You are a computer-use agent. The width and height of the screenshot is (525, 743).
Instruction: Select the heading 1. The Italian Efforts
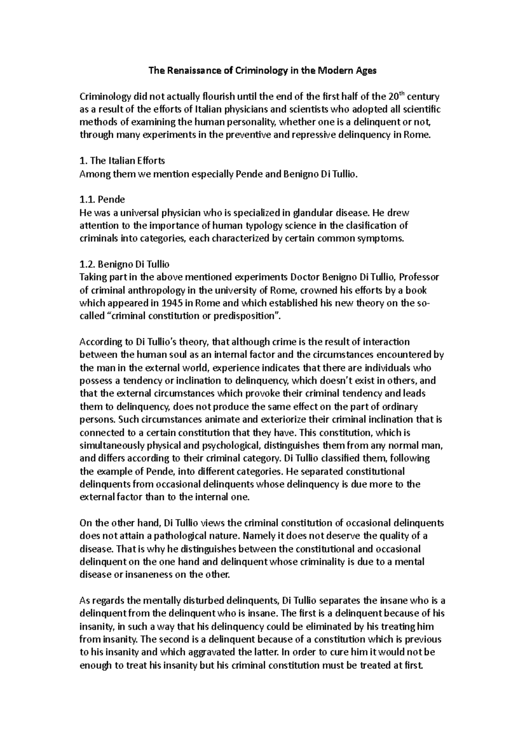(122, 161)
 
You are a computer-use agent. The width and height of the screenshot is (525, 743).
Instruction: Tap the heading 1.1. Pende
(102, 200)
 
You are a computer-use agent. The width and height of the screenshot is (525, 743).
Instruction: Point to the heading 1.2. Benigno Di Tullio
(124, 264)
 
